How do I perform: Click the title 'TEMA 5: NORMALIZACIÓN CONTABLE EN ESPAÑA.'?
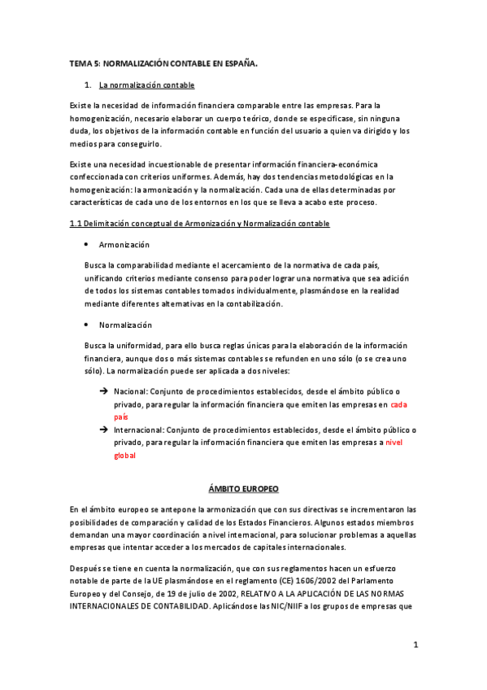click(x=163, y=63)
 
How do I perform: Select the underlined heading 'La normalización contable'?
click(x=146, y=85)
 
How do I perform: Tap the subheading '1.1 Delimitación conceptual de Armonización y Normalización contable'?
click(x=199, y=223)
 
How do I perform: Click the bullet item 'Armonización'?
click(x=124, y=244)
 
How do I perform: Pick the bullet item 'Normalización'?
click(x=125, y=325)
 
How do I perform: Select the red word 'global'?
click(x=124, y=456)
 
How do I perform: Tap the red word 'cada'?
click(x=400, y=403)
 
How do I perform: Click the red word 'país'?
click(x=121, y=416)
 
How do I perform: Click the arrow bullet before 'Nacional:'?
click(x=103, y=390)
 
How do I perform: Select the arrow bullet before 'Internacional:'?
click(x=103, y=430)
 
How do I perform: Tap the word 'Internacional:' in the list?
click(x=139, y=430)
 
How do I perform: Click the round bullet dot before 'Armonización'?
click(x=87, y=244)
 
